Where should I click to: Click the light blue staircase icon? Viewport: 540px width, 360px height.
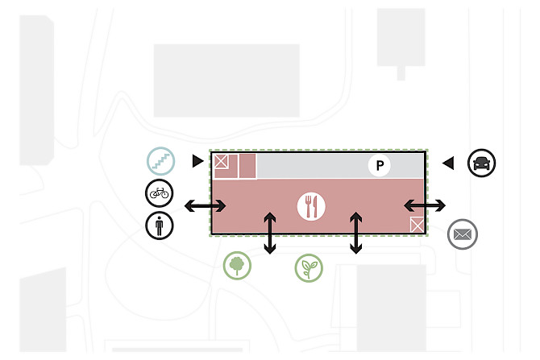[160, 161]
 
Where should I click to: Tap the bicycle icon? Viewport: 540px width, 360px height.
[160, 193]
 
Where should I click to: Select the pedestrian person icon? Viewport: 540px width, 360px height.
[160, 226]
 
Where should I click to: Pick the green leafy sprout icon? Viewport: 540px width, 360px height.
[308, 268]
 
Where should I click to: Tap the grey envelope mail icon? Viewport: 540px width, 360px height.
[462, 234]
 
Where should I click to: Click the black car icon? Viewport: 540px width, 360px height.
[481, 163]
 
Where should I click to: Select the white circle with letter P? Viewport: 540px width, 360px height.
[379, 166]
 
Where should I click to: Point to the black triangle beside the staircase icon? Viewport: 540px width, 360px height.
[197, 162]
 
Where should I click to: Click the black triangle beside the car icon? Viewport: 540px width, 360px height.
[448, 163]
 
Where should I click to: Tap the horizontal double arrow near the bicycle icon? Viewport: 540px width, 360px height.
[206, 206]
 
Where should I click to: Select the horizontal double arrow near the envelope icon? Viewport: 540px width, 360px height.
[425, 205]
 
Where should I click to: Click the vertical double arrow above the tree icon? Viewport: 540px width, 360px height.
[270, 232]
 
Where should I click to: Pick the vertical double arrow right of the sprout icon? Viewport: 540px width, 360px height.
[355, 233]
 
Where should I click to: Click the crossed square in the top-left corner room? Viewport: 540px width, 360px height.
[221, 161]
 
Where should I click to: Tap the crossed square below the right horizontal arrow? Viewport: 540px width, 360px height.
[417, 225]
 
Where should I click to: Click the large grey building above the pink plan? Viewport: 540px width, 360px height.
[226, 79]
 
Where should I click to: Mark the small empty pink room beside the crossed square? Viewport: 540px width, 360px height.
[247, 166]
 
